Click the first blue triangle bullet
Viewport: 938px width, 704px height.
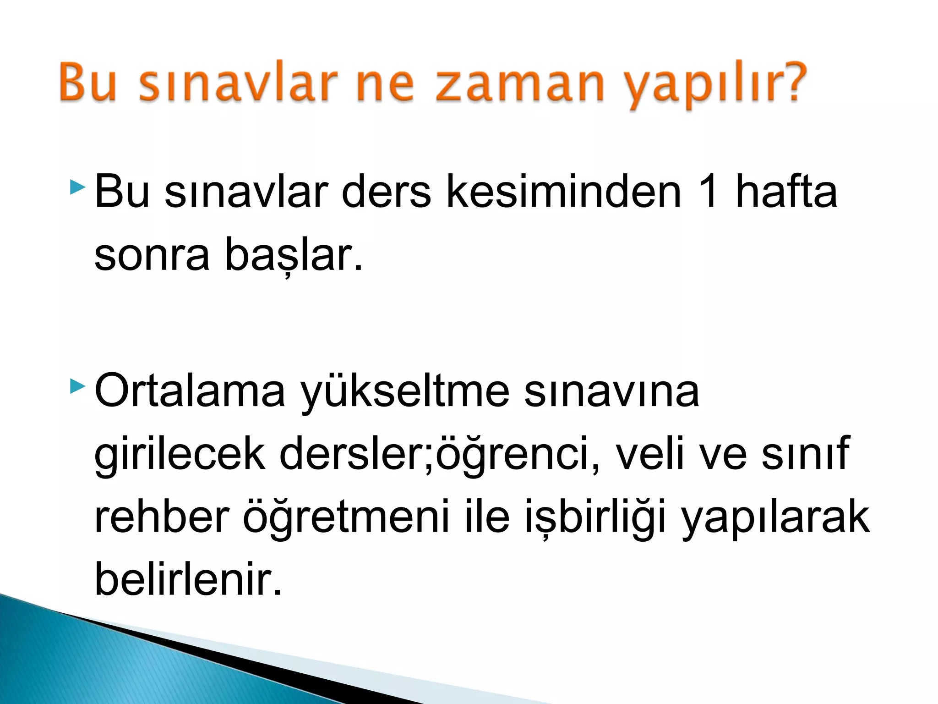(78, 187)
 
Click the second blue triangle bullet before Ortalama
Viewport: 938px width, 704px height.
(78, 387)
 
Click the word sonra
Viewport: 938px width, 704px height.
(152, 255)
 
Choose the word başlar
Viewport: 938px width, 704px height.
(293, 255)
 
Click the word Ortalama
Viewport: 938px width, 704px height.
(190, 390)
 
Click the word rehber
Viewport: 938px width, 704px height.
(161, 517)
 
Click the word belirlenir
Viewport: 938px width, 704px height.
(188, 579)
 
